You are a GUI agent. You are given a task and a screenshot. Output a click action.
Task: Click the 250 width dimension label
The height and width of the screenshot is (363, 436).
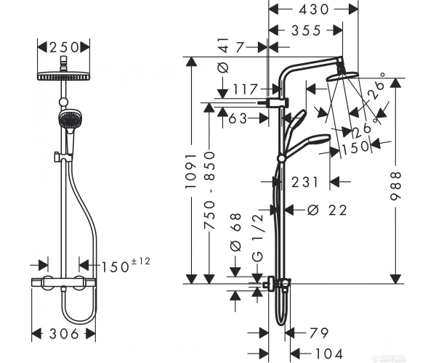64,47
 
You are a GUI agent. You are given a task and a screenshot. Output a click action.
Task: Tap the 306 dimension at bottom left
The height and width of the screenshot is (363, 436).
64,333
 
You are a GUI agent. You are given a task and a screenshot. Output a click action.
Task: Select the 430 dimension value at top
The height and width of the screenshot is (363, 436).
313,9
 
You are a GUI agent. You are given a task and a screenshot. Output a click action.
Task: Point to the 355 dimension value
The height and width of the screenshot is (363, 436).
306,30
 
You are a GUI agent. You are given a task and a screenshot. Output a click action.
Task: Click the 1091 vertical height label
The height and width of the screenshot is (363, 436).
191,171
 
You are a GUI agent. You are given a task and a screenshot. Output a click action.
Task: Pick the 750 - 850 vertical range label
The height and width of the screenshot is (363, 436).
210,190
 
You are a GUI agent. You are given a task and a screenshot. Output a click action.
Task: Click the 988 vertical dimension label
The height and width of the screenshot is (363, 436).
396,186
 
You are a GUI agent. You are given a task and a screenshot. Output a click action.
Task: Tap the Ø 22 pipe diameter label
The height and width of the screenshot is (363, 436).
327,211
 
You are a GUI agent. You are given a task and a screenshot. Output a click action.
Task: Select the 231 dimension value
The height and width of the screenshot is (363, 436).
304,182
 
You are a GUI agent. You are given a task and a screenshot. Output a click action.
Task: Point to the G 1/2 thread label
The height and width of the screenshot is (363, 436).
258,237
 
